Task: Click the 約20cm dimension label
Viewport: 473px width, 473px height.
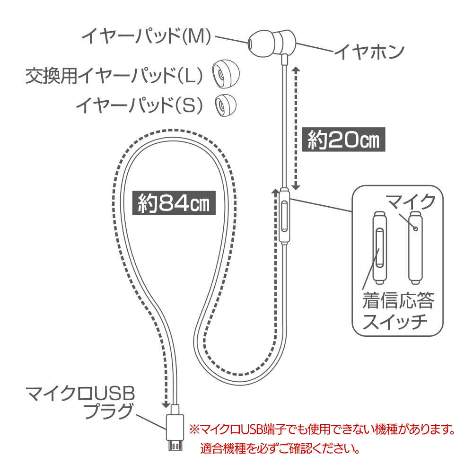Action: click(343, 140)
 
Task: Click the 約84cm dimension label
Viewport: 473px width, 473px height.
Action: click(174, 203)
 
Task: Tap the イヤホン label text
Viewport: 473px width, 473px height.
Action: click(369, 52)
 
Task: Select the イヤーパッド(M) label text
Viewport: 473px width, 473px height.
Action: click(147, 36)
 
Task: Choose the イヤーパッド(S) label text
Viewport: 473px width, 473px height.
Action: click(140, 105)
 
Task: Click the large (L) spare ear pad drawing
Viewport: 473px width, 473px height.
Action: click(226, 74)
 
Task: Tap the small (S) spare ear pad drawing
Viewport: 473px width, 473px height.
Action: click(225, 105)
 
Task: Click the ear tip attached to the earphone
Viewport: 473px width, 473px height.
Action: click(262, 43)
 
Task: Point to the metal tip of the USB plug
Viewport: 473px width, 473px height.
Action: click(175, 446)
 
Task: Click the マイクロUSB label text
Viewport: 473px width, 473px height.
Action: click(80, 394)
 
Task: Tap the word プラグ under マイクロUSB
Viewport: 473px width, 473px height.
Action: click(109, 411)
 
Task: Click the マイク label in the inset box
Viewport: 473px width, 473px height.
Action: click(411, 202)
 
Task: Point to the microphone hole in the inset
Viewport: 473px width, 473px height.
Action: click(415, 228)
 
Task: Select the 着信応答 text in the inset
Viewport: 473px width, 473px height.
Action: click(398, 300)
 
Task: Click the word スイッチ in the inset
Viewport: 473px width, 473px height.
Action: click(394, 321)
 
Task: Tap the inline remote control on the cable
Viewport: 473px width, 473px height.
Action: click(284, 215)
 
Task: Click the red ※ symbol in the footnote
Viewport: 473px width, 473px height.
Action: click(194, 429)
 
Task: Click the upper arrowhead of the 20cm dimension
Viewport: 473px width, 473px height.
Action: click(296, 70)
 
